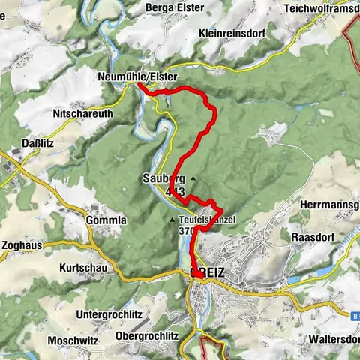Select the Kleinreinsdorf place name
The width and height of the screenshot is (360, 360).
pos(234,33)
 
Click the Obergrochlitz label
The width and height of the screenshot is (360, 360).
pos(147,334)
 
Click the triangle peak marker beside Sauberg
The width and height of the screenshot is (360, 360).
pos(193,178)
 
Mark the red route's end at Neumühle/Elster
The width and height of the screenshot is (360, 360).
pos(139,85)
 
